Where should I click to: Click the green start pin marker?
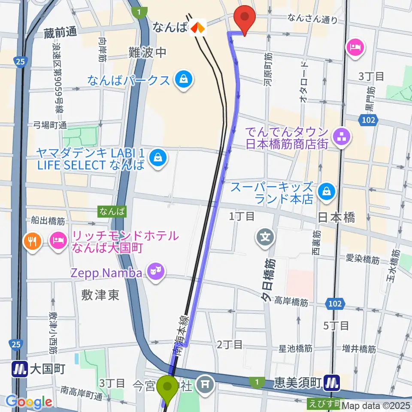tap(166, 387)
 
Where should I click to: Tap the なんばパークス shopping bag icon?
tap(184, 80)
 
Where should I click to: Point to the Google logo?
tap(28, 402)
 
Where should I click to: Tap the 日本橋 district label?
tap(336, 218)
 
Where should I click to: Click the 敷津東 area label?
tap(100, 296)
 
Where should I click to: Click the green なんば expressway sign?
tap(112, 211)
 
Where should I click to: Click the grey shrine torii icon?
tap(206, 384)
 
